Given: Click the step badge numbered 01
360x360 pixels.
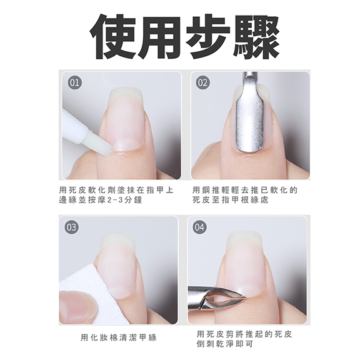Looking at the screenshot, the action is click(74, 83).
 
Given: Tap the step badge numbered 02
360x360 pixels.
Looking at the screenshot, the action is click(203, 83).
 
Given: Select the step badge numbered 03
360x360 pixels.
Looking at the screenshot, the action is click(71, 227).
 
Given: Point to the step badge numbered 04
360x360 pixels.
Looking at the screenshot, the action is click(199, 227).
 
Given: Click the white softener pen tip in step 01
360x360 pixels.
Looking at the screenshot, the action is click(99, 144).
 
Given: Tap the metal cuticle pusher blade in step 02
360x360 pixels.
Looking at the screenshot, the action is click(250, 123).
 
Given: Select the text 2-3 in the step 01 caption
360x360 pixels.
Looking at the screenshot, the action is click(114, 200).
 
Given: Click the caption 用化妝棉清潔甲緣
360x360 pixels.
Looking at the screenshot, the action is click(119, 337).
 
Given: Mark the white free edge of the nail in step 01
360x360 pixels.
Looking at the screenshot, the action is click(126, 94).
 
